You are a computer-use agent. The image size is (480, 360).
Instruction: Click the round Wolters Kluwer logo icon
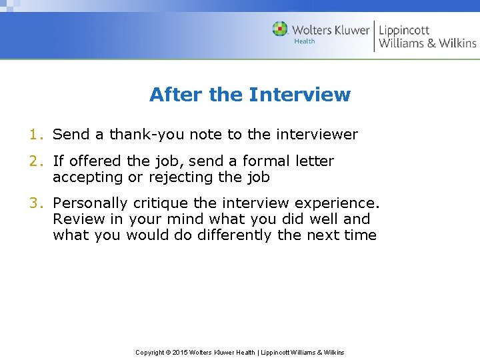point(280,29)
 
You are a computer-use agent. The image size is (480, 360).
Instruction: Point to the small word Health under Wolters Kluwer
point(305,41)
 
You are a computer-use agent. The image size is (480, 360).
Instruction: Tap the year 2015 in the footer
point(180,352)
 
